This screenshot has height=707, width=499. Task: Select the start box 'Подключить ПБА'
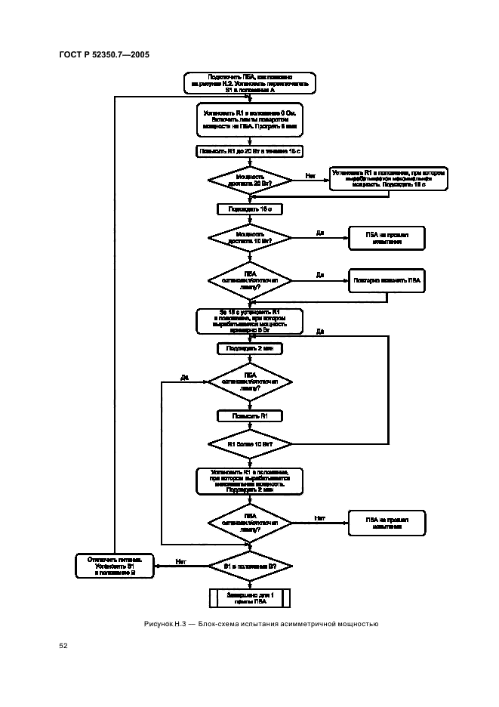[x=249, y=82]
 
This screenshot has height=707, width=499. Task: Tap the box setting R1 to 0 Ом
[x=249, y=120]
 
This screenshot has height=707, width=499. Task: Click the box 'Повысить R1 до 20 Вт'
[x=249, y=151]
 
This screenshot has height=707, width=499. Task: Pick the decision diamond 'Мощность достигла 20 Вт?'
[x=249, y=179]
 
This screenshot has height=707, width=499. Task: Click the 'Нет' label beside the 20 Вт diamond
[x=310, y=176]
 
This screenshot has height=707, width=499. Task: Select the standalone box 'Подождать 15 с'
[x=249, y=208]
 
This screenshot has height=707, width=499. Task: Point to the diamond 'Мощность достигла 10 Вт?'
[x=249, y=237]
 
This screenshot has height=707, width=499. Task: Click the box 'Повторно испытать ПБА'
[x=387, y=280]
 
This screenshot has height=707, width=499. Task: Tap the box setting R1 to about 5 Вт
[x=249, y=321]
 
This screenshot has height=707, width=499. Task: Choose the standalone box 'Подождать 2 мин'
[x=249, y=348]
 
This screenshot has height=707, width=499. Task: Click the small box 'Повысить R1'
[x=249, y=415]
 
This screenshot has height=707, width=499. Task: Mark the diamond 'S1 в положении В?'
[x=249, y=565]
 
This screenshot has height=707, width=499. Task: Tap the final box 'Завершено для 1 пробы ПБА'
[x=249, y=597]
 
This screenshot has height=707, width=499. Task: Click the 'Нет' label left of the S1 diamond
[x=180, y=561]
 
